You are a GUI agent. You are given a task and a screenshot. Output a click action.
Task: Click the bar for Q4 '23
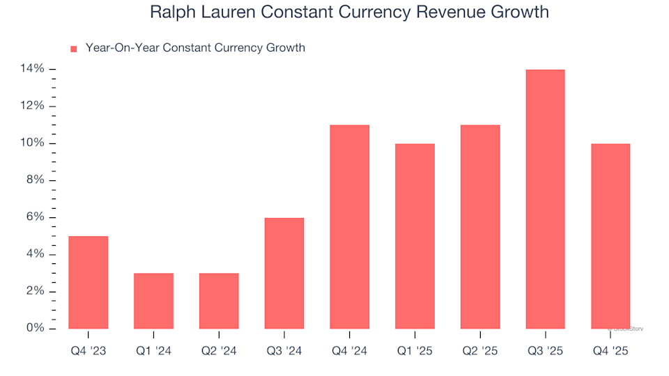(x=89, y=282)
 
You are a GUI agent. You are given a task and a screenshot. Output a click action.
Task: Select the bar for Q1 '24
(x=153, y=301)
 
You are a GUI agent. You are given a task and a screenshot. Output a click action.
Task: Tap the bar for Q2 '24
(x=219, y=301)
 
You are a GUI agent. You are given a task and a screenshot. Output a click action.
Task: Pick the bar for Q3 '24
(x=284, y=273)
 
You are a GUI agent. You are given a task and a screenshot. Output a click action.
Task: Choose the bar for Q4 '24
(x=349, y=226)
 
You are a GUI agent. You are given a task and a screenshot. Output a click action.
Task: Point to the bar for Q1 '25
(x=415, y=236)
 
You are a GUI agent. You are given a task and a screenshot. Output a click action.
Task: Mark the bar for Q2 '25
(x=480, y=226)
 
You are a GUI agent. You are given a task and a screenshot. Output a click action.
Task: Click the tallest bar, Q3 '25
(x=545, y=198)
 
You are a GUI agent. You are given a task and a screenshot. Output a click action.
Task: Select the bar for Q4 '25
(x=610, y=236)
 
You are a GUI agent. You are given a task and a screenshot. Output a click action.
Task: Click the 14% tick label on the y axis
(x=33, y=69)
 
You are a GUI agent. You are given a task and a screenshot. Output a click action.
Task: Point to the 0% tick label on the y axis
(x=36, y=328)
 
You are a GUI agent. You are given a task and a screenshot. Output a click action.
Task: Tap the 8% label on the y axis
(x=36, y=180)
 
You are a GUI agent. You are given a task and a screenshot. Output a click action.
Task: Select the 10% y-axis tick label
(x=33, y=143)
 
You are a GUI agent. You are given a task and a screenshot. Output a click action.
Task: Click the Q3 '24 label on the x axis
(x=284, y=352)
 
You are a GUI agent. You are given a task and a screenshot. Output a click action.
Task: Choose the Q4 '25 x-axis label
(x=610, y=352)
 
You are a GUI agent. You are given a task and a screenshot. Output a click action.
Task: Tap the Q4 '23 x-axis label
(x=89, y=352)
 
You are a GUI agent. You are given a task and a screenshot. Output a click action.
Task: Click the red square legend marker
(x=74, y=49)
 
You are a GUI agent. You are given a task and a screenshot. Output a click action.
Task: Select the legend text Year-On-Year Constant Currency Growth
(x=195, y=48)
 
